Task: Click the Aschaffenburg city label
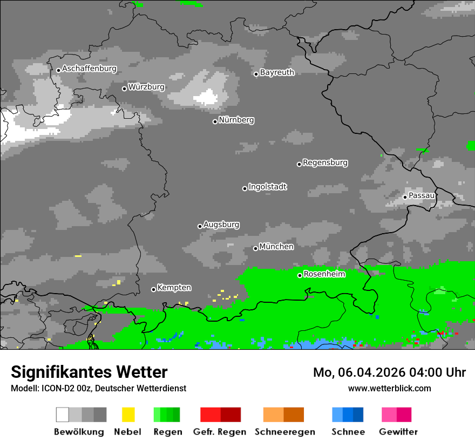pyautogui.click(x=89, y=69)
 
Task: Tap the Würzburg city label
pyautogui.click(x=146, y=87)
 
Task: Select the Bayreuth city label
pyautogui.click(x=277, y=72)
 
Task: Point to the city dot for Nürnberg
pyautogui.click(x=215, y=121)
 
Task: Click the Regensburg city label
pyautogui.click(x=325, y=162)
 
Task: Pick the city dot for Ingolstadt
pyautogui.click(x=245, y=188)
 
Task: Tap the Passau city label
pyautogui.click(x=422, y=195)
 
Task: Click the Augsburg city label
pyautogui.click(x=221, y=225)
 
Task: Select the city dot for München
pyautogui.click(x=255, y=248)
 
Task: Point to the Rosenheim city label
pyautogui.click(x=324, y=274)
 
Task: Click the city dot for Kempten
pyautogui.click(x=153, y=289)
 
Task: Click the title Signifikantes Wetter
pyautogui.click(x=89, y=372)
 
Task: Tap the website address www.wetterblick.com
pyautogui.click(x=389, y=388)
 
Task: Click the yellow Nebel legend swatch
pyautogui.click(x=128, y=415)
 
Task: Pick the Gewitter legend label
pyautogui.click(x=398, y=432)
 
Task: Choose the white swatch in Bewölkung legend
pyautogui.click(x=63, y=415)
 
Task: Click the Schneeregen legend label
pyautogui.click(x=284, y=432)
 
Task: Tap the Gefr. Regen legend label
pyautogui.click(x=219, y=432)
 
